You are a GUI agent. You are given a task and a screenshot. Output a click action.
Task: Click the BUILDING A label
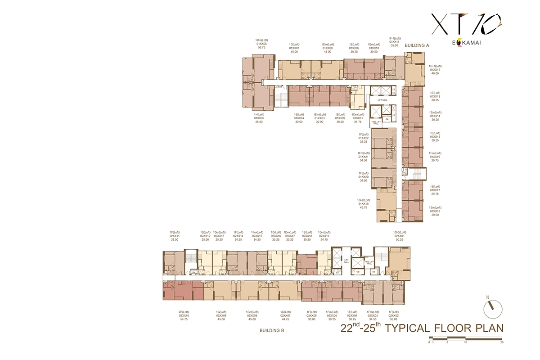pyautogui.click(x=417, y=45)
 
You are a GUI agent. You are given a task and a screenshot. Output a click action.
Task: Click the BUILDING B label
pyautogui.click(x=272, y=330)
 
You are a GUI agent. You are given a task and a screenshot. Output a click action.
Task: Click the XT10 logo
pyautogui.click(x=466, y=24)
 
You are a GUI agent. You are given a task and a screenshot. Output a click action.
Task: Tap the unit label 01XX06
pyautogui.click(x=261, y=44)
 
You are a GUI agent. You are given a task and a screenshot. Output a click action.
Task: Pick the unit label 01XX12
pyautogui.click(x=435, y=70)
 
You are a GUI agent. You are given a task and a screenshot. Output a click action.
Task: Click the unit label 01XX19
pyautogui.click(x=364, y=203)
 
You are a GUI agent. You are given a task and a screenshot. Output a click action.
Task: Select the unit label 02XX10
pyautogui.click(x=184, y=316)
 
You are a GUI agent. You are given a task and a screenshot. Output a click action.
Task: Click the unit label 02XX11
pyautogui.click(x=175, y=236)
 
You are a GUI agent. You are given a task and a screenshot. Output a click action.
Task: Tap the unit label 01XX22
pyautogui.click(x=364, y=138)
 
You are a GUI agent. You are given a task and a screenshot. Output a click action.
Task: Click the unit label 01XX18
pyautogui.click(x=435, y=211)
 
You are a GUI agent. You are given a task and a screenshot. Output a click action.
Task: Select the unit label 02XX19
pyautogui.click(x=324, y=236)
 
